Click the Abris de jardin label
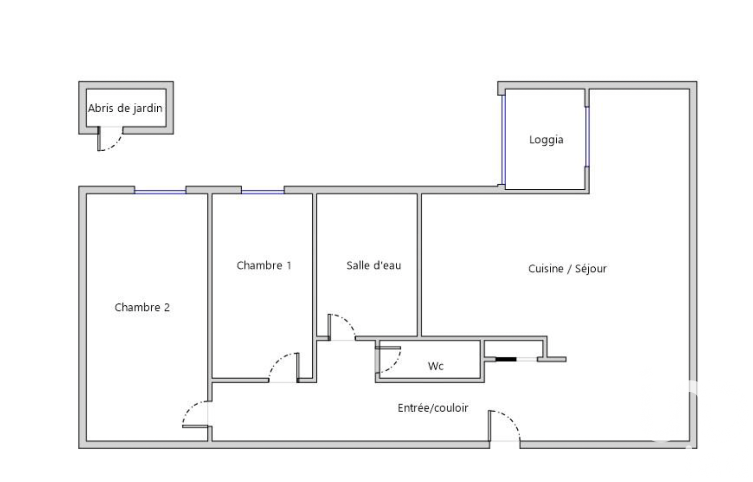[125, 109]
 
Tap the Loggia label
[546, 140]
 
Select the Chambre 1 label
[264, 265]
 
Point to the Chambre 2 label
[142, 307]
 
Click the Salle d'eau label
[374, 265]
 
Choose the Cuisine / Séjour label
[567, 269]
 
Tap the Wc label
[435, 366]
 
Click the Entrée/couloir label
[433, 408]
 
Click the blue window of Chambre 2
[160, 192]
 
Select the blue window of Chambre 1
[263, 192]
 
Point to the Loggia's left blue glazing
[503, 140]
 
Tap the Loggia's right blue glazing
[587, 137]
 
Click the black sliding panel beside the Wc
[506, 359]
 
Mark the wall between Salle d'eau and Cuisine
[419, 265]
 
